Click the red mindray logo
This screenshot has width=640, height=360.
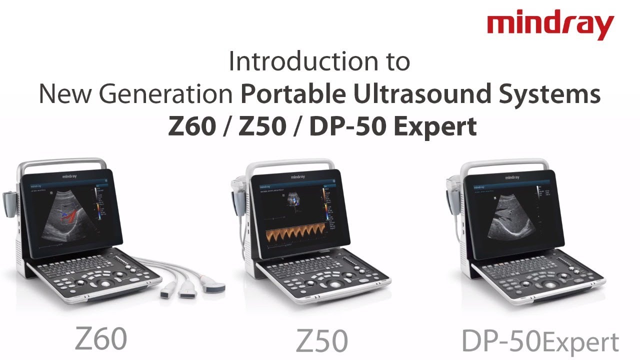tap(550, 26)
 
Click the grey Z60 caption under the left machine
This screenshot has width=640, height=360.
tap(101, 338)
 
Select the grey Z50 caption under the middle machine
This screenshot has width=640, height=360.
tap(321, 341)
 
